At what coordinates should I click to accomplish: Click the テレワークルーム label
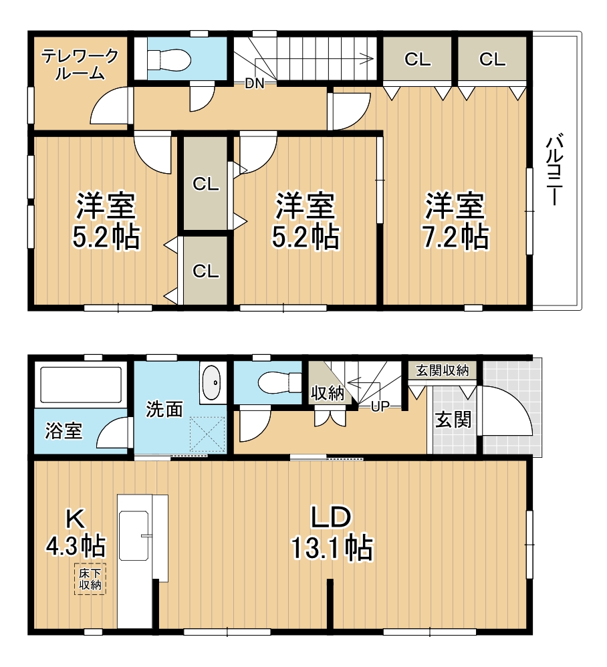pos(80,63)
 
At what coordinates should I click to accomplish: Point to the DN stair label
pos(255,84)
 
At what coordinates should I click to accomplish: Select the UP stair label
pos(380,406)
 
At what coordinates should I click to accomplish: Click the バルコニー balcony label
pos(554,169)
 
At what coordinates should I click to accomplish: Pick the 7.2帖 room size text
pos(455,237)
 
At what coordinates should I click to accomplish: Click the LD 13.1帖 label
pos(332,533)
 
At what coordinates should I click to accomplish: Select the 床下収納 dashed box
pos(90,579)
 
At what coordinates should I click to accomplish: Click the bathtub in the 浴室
pos(81,385)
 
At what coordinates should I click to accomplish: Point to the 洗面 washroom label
pos(164,409)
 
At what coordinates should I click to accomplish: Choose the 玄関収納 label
pos(443,370)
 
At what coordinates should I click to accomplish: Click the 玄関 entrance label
pos(453,420)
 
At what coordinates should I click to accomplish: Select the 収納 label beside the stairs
pos(327,393)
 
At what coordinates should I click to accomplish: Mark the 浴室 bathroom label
pos(64,430)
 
